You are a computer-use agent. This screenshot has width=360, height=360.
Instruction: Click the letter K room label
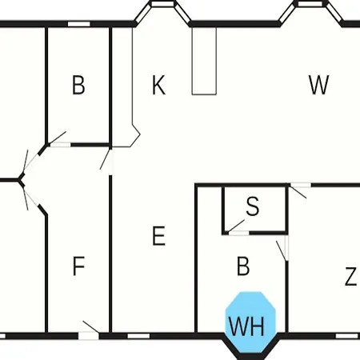(158, 85)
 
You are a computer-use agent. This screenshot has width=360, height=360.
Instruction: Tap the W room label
(319, 85)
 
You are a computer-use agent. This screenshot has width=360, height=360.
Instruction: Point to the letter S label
(253, 206)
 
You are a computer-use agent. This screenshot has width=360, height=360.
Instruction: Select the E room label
(158, 235)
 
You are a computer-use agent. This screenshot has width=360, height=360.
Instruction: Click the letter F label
(78, 266)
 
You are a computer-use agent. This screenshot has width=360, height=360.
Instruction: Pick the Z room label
(350, 277)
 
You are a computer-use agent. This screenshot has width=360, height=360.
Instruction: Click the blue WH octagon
(250, 322)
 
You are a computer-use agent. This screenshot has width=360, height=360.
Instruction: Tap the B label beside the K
(78, 85)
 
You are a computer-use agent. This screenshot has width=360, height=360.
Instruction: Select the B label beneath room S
(243, 266)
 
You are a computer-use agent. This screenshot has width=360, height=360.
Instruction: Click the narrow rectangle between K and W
(204, 61)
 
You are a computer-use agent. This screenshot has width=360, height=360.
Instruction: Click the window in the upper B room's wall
(78, 24)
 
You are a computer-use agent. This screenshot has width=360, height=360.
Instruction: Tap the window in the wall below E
(138, 336)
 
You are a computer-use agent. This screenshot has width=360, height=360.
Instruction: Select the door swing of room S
(236, 226)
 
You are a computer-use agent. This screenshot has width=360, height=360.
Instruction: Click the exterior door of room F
(89, 334)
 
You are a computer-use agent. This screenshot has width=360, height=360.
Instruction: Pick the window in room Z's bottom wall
(346, 336)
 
